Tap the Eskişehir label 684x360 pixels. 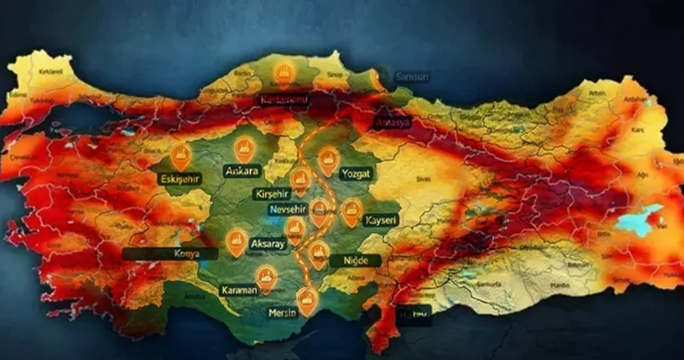coord(179,179)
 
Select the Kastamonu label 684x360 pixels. coord(280,101)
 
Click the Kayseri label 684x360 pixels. coord(381,221)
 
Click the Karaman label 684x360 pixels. coord(239,290)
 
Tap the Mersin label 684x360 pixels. coord(283,312)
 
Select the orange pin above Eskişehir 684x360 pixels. coord(180,155)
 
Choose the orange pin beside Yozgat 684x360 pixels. coord(328,159)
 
